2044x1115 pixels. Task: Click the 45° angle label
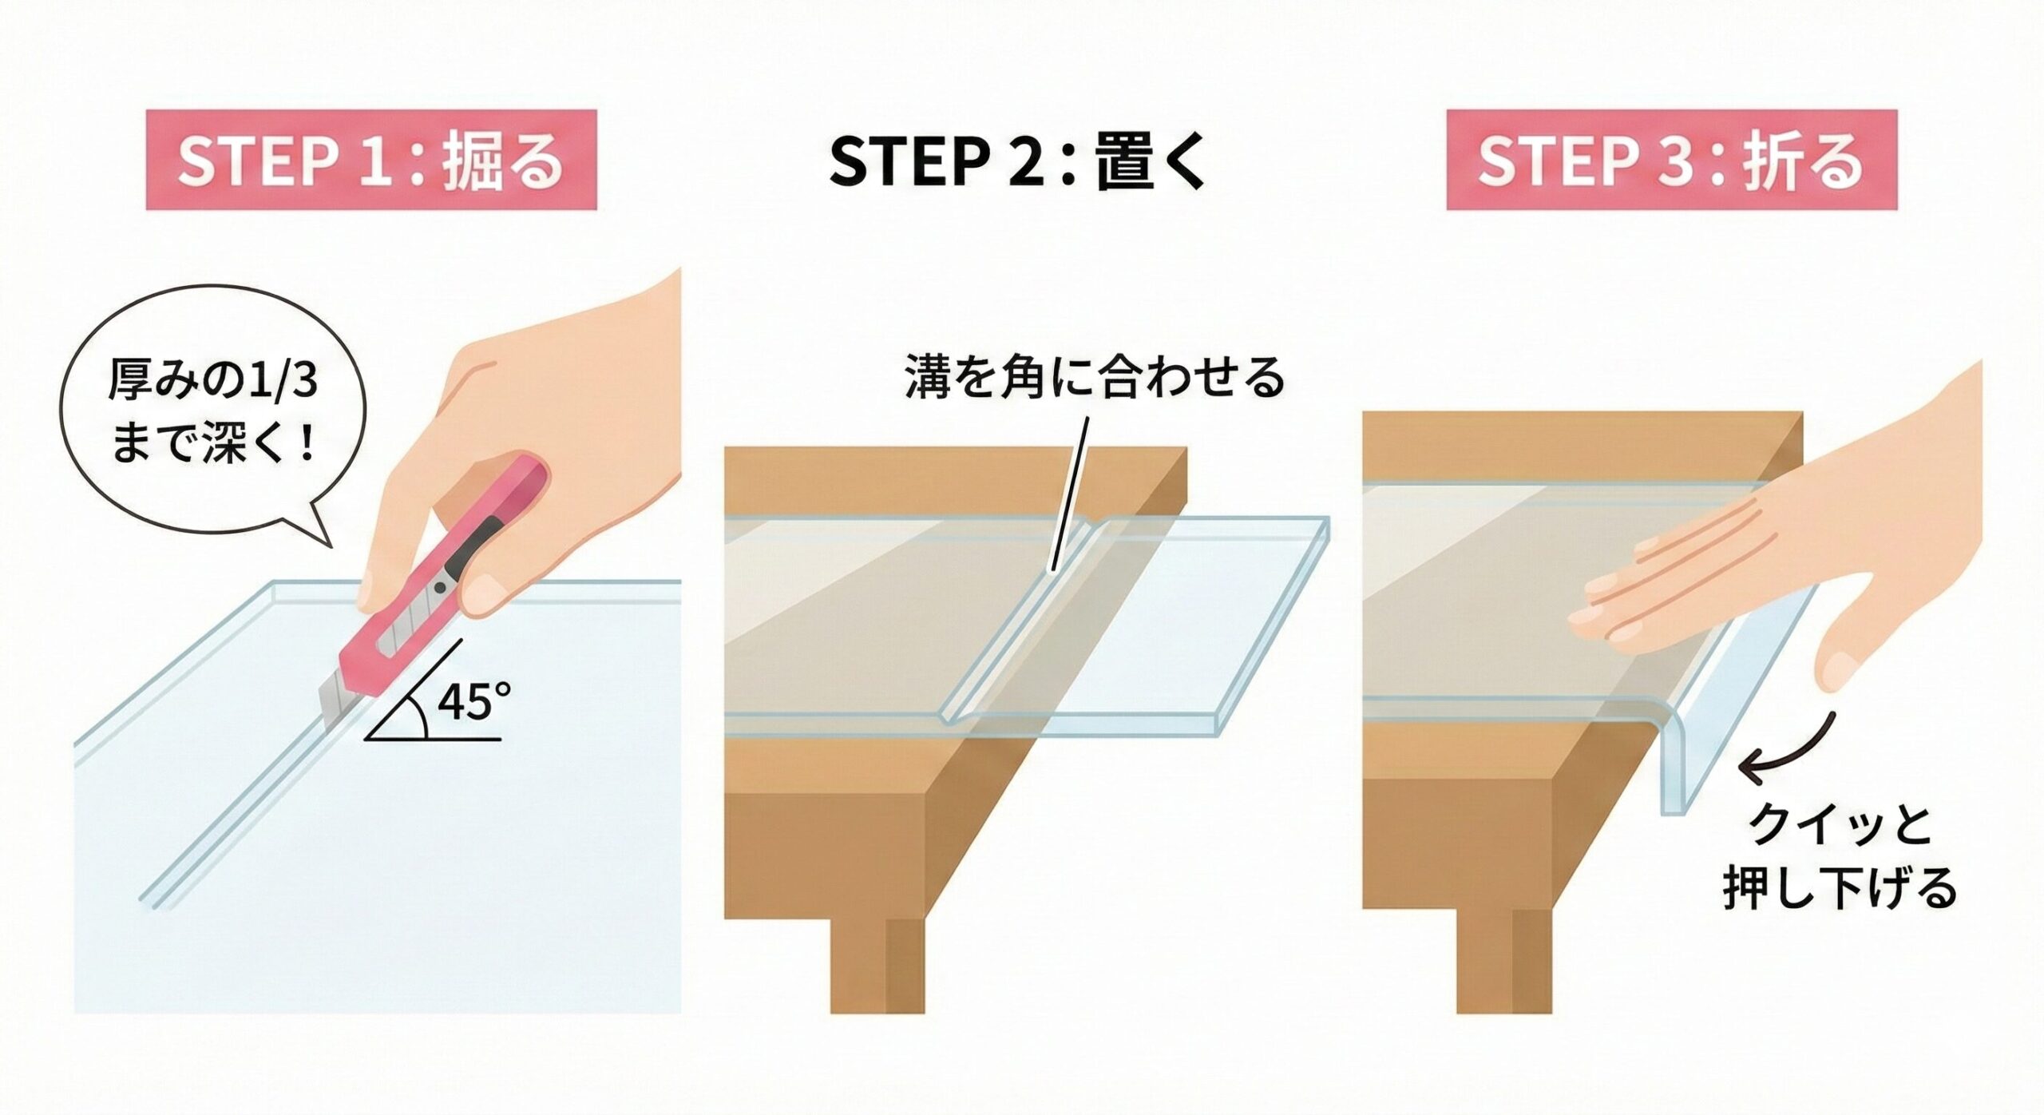coord(474,702)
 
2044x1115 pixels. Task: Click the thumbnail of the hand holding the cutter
coord(489,595)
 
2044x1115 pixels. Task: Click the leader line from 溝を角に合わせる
coord(1070,495)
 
